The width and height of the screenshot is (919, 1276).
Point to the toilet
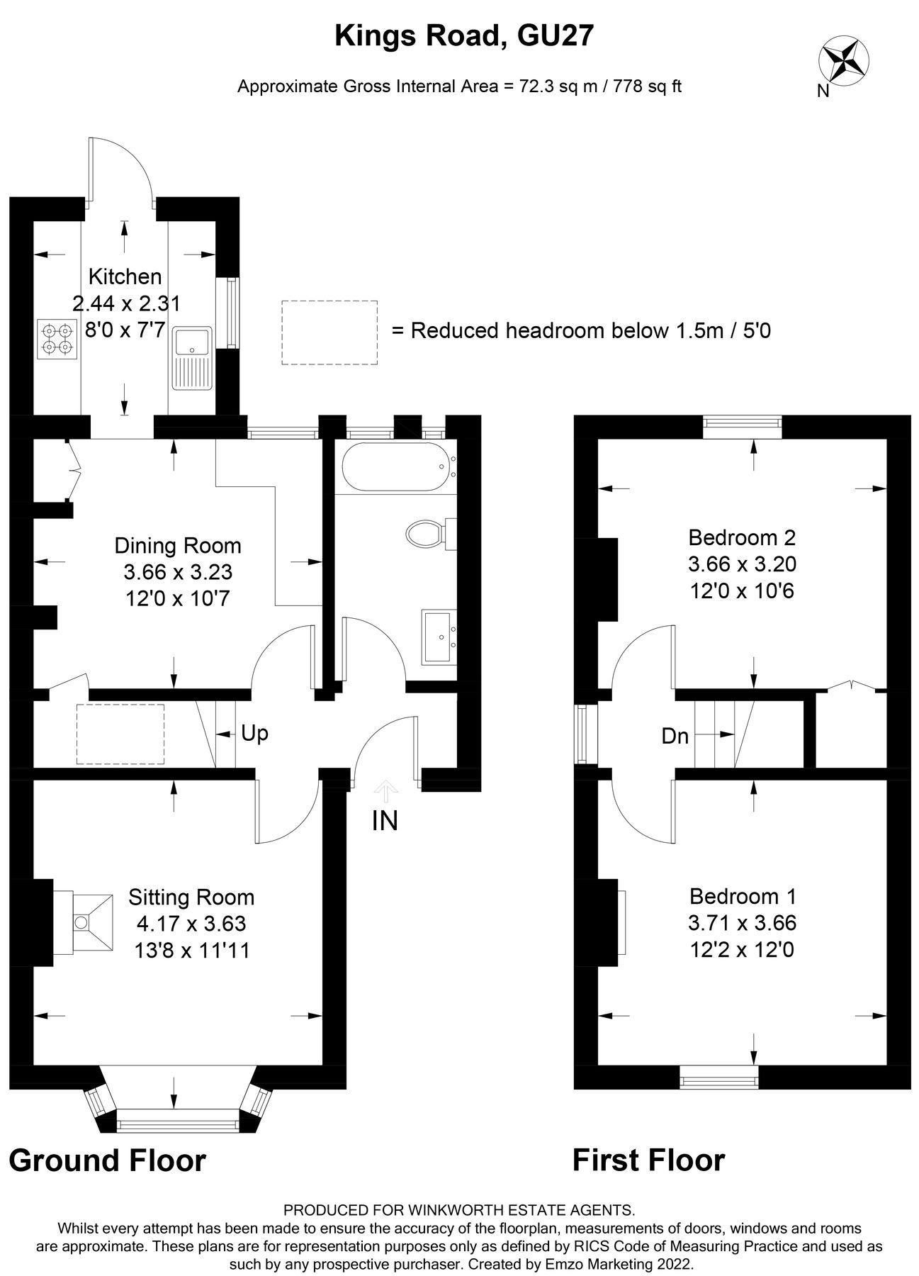[429, 533]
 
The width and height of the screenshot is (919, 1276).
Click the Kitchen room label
[125, 276]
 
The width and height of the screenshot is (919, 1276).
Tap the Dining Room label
[178, 546]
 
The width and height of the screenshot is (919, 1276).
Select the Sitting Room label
[191, 897]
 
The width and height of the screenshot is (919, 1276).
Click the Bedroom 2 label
[742, 537]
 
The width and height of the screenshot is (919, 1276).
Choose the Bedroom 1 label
[743, 897]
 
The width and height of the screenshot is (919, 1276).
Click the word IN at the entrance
[385, 821]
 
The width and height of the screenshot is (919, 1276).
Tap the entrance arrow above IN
[385, 789]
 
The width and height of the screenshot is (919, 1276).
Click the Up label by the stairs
[254, 733]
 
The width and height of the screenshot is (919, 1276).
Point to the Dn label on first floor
[675, 737]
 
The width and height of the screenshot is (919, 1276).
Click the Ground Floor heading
[107, 1161]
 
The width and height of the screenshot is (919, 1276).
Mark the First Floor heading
[648, 1161]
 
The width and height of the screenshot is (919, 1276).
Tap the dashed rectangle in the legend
[329, 332]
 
